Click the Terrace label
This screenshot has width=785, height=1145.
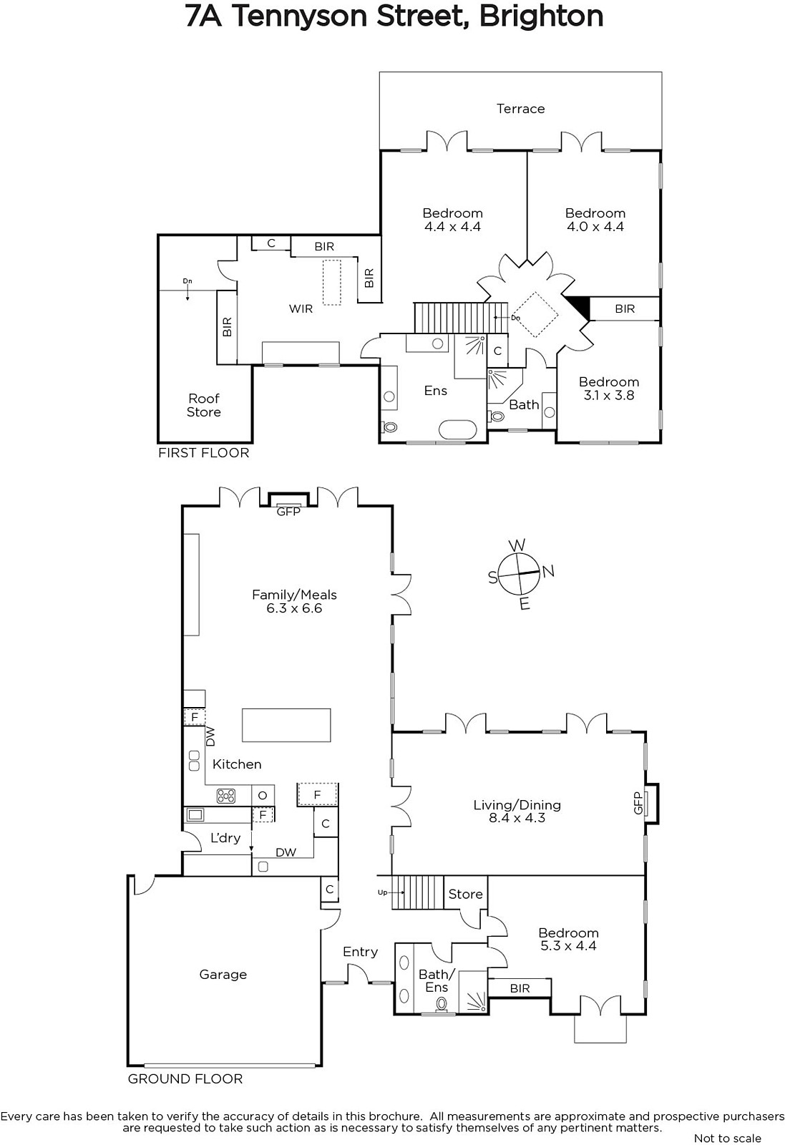(520, 108)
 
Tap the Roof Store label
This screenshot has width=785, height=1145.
(203, 405)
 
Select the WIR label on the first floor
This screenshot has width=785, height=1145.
(301, 308)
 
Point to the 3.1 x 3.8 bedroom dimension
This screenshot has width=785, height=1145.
(609, 395)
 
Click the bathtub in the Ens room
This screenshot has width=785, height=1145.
(459, 427)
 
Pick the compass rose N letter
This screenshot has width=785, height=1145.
(548, 571)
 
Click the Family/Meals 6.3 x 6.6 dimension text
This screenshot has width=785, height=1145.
(294, 608)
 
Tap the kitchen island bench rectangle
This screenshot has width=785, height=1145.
(286, 725)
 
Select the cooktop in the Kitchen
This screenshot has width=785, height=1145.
(226, 795)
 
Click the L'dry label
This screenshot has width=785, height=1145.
(225, 838)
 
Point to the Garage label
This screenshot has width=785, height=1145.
(223, 975)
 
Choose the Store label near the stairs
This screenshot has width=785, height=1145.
(465, 894)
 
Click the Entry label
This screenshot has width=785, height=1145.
(361, 952)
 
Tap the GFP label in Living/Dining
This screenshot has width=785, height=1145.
(638, 803)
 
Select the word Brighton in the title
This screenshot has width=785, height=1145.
(541, 16)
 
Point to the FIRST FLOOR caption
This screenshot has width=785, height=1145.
(203, 453)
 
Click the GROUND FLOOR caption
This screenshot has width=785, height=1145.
(185, 1079)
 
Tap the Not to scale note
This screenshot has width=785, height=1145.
(727, 1139)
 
